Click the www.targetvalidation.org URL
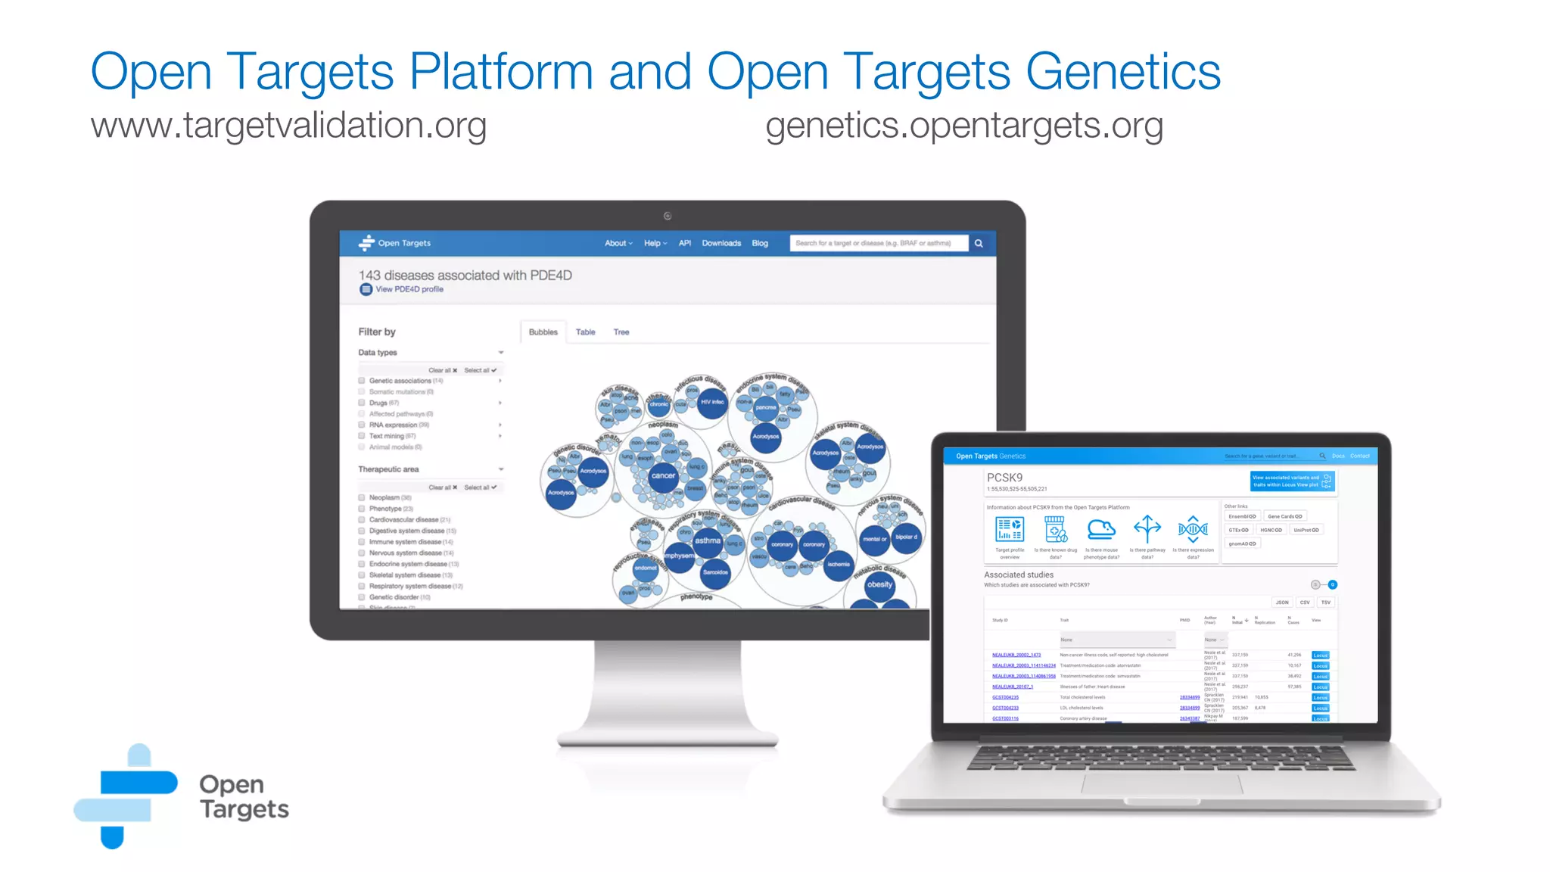point(288,126)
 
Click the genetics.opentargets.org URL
point(963,126)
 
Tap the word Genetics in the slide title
point(1122,72)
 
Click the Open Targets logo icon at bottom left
point(126,796)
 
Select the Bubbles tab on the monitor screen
point(543,332)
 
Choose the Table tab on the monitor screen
point(585,332)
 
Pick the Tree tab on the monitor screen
point(621,332)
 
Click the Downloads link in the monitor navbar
point(721,244)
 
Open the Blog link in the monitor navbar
point(760,244)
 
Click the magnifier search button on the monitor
point(979,244)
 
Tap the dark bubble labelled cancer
point(663,476)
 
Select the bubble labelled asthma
point(708,540)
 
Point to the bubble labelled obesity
point(879,584)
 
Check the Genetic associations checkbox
point(362,381)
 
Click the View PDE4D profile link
point(409,289)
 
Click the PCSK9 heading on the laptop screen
point(1004,478)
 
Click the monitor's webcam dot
point(668,216)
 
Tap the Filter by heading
point(377,332)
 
